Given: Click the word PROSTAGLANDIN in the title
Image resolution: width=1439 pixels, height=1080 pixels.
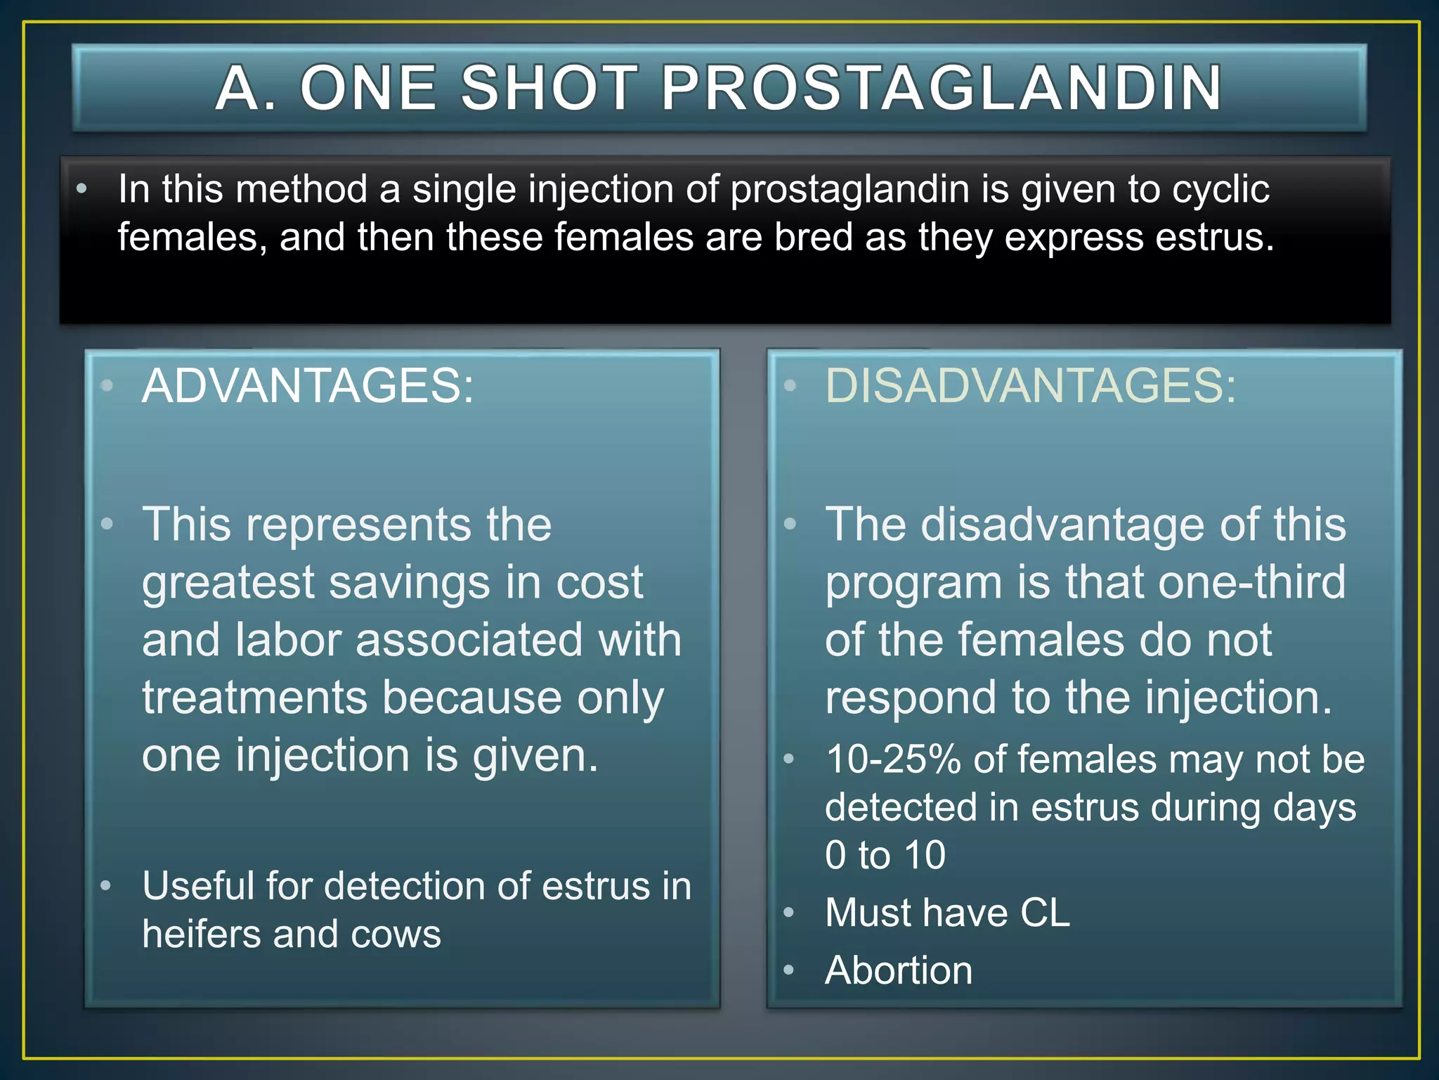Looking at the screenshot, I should point(942,88).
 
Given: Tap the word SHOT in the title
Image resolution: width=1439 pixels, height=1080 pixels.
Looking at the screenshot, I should point(549,88).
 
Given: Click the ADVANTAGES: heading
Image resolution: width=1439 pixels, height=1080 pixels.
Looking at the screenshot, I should point(308,386).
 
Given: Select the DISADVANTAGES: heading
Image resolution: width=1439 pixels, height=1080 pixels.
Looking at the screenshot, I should point(1030,386).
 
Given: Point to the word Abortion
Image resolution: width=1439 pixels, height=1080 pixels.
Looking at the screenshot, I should point(899,970).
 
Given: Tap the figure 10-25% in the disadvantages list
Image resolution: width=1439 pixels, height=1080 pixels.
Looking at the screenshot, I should point(893,760).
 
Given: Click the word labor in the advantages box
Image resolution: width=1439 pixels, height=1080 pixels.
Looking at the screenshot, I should point(288,641).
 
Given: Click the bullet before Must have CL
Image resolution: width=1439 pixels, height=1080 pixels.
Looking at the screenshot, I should point(789,913).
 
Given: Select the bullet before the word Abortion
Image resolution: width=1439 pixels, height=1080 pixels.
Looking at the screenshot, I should point(789,971).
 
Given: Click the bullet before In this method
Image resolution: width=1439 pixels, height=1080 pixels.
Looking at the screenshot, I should point(82,189).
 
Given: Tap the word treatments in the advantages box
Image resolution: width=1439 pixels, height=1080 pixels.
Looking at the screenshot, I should point(254,698).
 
